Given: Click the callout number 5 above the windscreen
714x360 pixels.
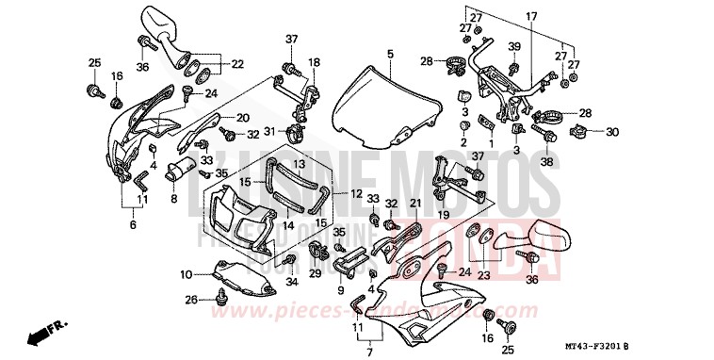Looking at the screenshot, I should [389, 55].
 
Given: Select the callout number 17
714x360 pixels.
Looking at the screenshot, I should [531, 17].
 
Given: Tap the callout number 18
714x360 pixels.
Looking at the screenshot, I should [314, 62].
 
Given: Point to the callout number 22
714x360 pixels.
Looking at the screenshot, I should [236, 63].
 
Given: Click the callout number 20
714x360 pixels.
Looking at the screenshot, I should [241, 118].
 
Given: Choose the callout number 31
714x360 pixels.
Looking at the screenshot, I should [268, 131].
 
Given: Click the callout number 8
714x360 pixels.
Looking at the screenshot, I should [173, 199].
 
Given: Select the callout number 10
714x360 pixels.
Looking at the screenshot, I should [187, 274].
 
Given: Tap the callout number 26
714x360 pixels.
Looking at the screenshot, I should [191, 301].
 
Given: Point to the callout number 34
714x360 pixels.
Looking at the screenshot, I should [291, 281].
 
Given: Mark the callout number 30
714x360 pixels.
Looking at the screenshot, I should [611, 131].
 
